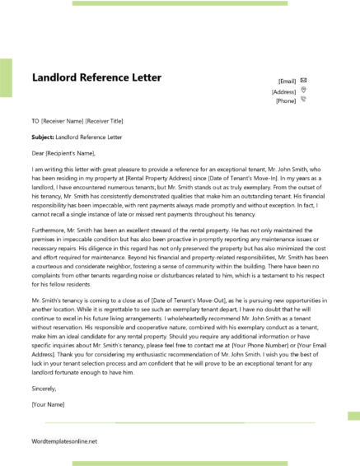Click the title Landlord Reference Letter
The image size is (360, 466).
click(96, 78)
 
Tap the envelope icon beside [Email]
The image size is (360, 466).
click(304, 80)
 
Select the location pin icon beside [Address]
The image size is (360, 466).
click(304, 90)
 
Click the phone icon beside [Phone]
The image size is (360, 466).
click(304, 100)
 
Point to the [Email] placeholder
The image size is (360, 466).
click(288, 82)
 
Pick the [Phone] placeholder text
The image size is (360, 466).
click(286, 101)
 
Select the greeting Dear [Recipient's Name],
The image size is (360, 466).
click(63, 152)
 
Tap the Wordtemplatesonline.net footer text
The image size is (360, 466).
click(65, 442)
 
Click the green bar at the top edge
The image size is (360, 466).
click(189, 2)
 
